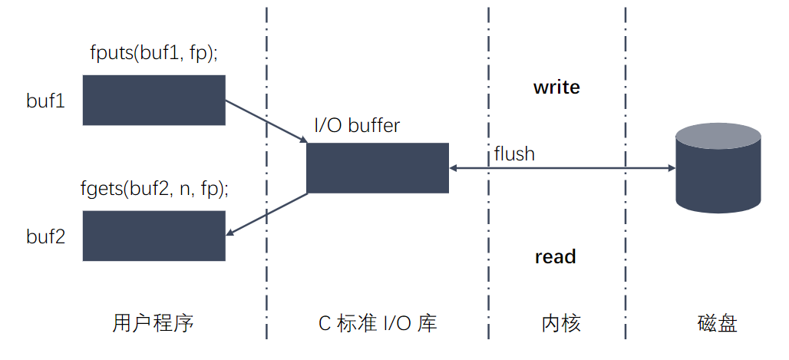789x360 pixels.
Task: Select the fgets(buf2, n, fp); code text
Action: pyautogui.click(x=155, y=187)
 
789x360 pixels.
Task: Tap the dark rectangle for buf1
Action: pyautogui.click(x=154, y=100)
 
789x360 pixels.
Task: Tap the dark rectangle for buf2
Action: pyautogui.click(x=154, y=236)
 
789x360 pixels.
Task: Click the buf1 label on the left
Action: pyautogui.click(x=45, y=101)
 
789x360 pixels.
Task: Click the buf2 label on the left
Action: pyautogui.click(x=45, y=236)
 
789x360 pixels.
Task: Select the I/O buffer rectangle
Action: pyautogui.click(x=377, y=167)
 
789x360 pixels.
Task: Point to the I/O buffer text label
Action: pyautogui.click(x=357, y=125)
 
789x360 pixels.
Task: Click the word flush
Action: pyautogui.click(x=514, y=154)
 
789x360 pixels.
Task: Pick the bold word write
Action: pyautogui.click(x=556, y=88)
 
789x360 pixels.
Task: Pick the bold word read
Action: pyautogui.click(x=555, y=257)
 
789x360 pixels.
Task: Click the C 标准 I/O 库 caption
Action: pyautogui.click(x=378, y=323)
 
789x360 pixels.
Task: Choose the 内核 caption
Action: pyautogui.click(x=556, y=323)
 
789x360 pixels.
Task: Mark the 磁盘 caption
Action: pyautogui.click(x=718, y=323)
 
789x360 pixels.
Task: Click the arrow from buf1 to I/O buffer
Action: pyautogui.click(x=266, y=121)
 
